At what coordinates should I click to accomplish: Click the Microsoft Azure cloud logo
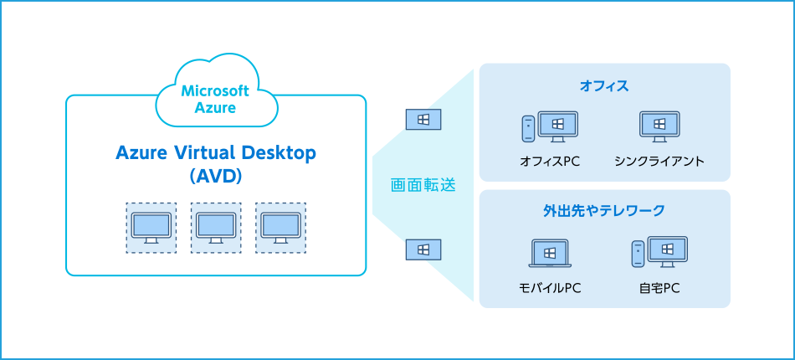[216, 97]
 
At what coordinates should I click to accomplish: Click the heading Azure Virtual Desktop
[216, 153]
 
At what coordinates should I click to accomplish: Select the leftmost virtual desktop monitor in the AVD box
[151, 227]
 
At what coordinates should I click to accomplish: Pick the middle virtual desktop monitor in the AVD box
[216, 227]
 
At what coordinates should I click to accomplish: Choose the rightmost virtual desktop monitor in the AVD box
[280, 227]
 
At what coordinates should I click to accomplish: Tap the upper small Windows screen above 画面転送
[423, 120]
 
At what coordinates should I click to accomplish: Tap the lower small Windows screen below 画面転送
[423, 249]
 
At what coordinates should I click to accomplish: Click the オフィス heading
[604, 85]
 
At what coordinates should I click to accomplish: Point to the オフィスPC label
[550, 161]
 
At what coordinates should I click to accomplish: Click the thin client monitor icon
[659, 126]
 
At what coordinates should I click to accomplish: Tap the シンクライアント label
[659, 161]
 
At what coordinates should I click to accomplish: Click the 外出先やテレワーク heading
[604, 211]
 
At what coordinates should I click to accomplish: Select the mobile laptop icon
[550, 253]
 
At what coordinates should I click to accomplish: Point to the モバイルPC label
[550, 289]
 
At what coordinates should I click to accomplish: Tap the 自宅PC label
[659, 289]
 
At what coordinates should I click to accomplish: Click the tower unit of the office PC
[528, 128]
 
